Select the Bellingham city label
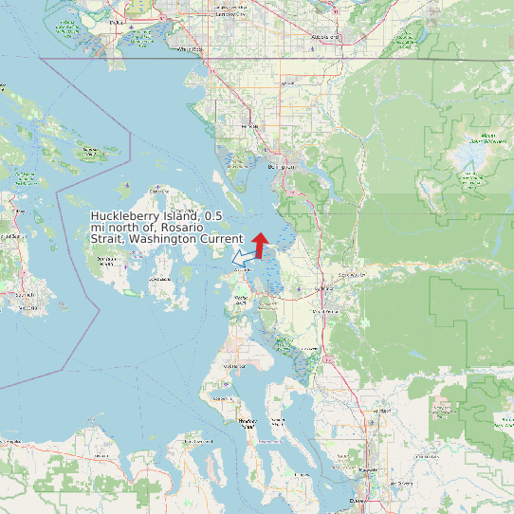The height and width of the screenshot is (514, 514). tap(282, 167)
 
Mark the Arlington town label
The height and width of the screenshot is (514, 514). tap(382, 411)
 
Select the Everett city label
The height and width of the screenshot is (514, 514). tap(358, 500)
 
